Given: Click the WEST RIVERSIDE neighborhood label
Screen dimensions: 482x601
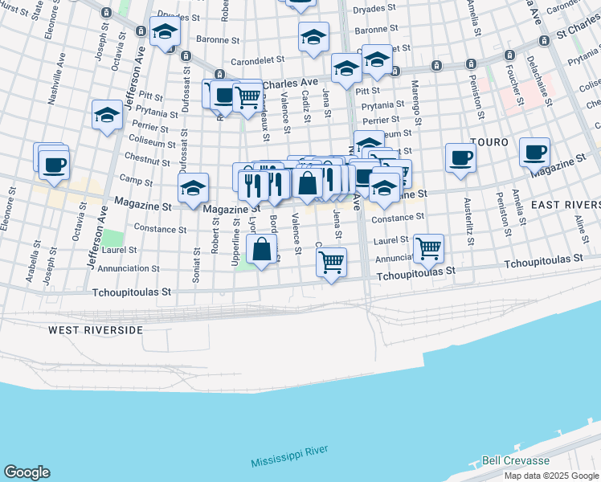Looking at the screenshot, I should [x=95, y=330].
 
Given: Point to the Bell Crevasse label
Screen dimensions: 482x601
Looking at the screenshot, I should [x=514, y=461].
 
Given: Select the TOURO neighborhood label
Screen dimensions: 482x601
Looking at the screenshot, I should [x=489, y=141].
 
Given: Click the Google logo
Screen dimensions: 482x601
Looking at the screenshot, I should [x=27, y=472].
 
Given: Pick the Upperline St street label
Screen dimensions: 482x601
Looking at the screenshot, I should [x=235, y=245].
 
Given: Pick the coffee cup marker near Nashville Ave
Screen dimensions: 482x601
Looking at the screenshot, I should [x=54, y=165].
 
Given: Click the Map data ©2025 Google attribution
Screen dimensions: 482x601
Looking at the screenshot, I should [x=550, y=475].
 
